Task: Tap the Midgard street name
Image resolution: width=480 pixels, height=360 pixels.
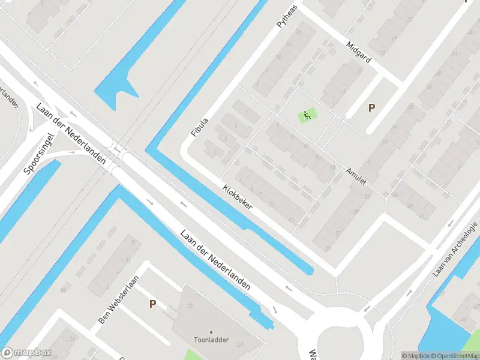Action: [359, 52]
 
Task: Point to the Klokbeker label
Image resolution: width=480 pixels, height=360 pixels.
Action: [238, 196]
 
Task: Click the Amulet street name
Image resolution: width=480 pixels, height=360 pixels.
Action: [356, 175]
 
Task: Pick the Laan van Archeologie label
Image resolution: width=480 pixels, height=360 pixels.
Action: [455, 249]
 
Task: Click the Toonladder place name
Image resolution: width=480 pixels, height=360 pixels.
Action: [211, 340]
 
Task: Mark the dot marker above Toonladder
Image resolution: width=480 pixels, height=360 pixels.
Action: [211, 332]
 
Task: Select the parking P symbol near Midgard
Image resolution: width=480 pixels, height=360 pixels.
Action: [371, 108]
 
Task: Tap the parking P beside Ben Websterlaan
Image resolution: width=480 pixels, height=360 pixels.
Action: [153, 304]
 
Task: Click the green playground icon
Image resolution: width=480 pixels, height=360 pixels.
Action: [308, 115]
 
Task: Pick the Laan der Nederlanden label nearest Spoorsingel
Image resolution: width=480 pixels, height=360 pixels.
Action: [71, 134]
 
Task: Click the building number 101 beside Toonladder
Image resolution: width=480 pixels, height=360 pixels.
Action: [239, 344]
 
